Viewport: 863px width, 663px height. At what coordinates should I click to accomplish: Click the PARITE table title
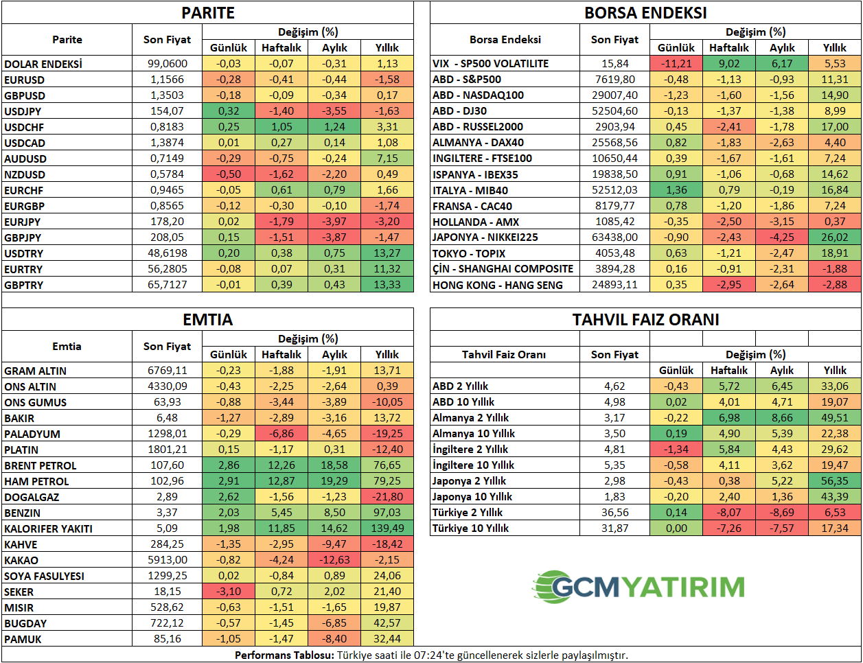tap(208, 13)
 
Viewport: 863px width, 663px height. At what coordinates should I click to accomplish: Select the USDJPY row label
tap(23, 111)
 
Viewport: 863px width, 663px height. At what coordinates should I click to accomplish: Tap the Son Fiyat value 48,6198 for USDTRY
tap(167, 253)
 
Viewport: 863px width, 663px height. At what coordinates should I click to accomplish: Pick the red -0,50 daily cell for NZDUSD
tap(229, 174)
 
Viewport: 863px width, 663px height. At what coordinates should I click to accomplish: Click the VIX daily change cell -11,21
tap(676, 64)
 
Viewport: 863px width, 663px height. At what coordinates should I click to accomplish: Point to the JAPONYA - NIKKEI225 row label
tap(485, 237)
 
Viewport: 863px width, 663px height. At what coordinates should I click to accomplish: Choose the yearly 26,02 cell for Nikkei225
tap(834, 237)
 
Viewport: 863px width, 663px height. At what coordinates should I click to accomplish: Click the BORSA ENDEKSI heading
tap(645, 13)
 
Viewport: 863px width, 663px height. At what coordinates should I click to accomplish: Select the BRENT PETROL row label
tap(40, 465)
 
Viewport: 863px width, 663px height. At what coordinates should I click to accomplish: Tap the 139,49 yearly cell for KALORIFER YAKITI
tap(387, 528)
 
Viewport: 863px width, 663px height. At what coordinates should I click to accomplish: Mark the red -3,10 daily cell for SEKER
tap(229, 591)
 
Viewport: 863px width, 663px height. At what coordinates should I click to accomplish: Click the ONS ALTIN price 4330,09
tap(167, 386)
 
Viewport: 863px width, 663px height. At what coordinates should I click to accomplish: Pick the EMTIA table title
tap(208, 320)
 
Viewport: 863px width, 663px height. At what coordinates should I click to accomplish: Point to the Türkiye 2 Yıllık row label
tap(468, 513)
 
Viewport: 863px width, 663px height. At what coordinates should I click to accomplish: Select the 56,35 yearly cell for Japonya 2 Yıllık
tap(834, 480)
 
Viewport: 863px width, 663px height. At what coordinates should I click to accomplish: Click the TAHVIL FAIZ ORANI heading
tap(645, 320)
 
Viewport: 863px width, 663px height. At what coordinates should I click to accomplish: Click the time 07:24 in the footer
tap(428, 655)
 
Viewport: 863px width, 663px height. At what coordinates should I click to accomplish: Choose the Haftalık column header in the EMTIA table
tap(281, 354)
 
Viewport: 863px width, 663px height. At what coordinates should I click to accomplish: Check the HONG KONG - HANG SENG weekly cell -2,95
tap(728, 285)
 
